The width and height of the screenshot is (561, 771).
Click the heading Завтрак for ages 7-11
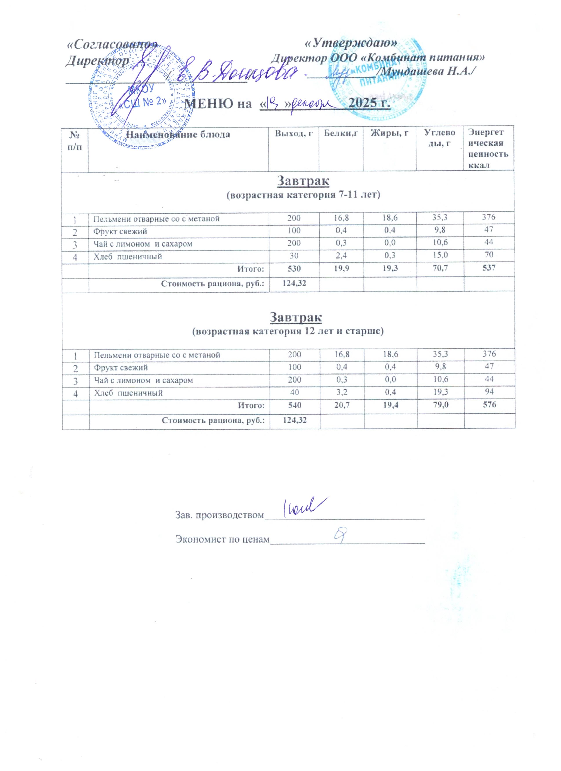(x=303, y=181)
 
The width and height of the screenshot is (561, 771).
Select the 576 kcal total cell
(x=489, y=405)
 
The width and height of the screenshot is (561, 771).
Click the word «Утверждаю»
(x=350, y=42)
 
